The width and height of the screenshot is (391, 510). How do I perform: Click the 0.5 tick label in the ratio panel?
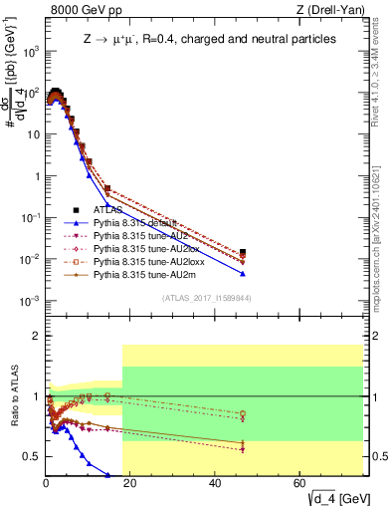click(29, 456)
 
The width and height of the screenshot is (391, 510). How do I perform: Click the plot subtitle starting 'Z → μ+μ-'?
click(209, 38)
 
